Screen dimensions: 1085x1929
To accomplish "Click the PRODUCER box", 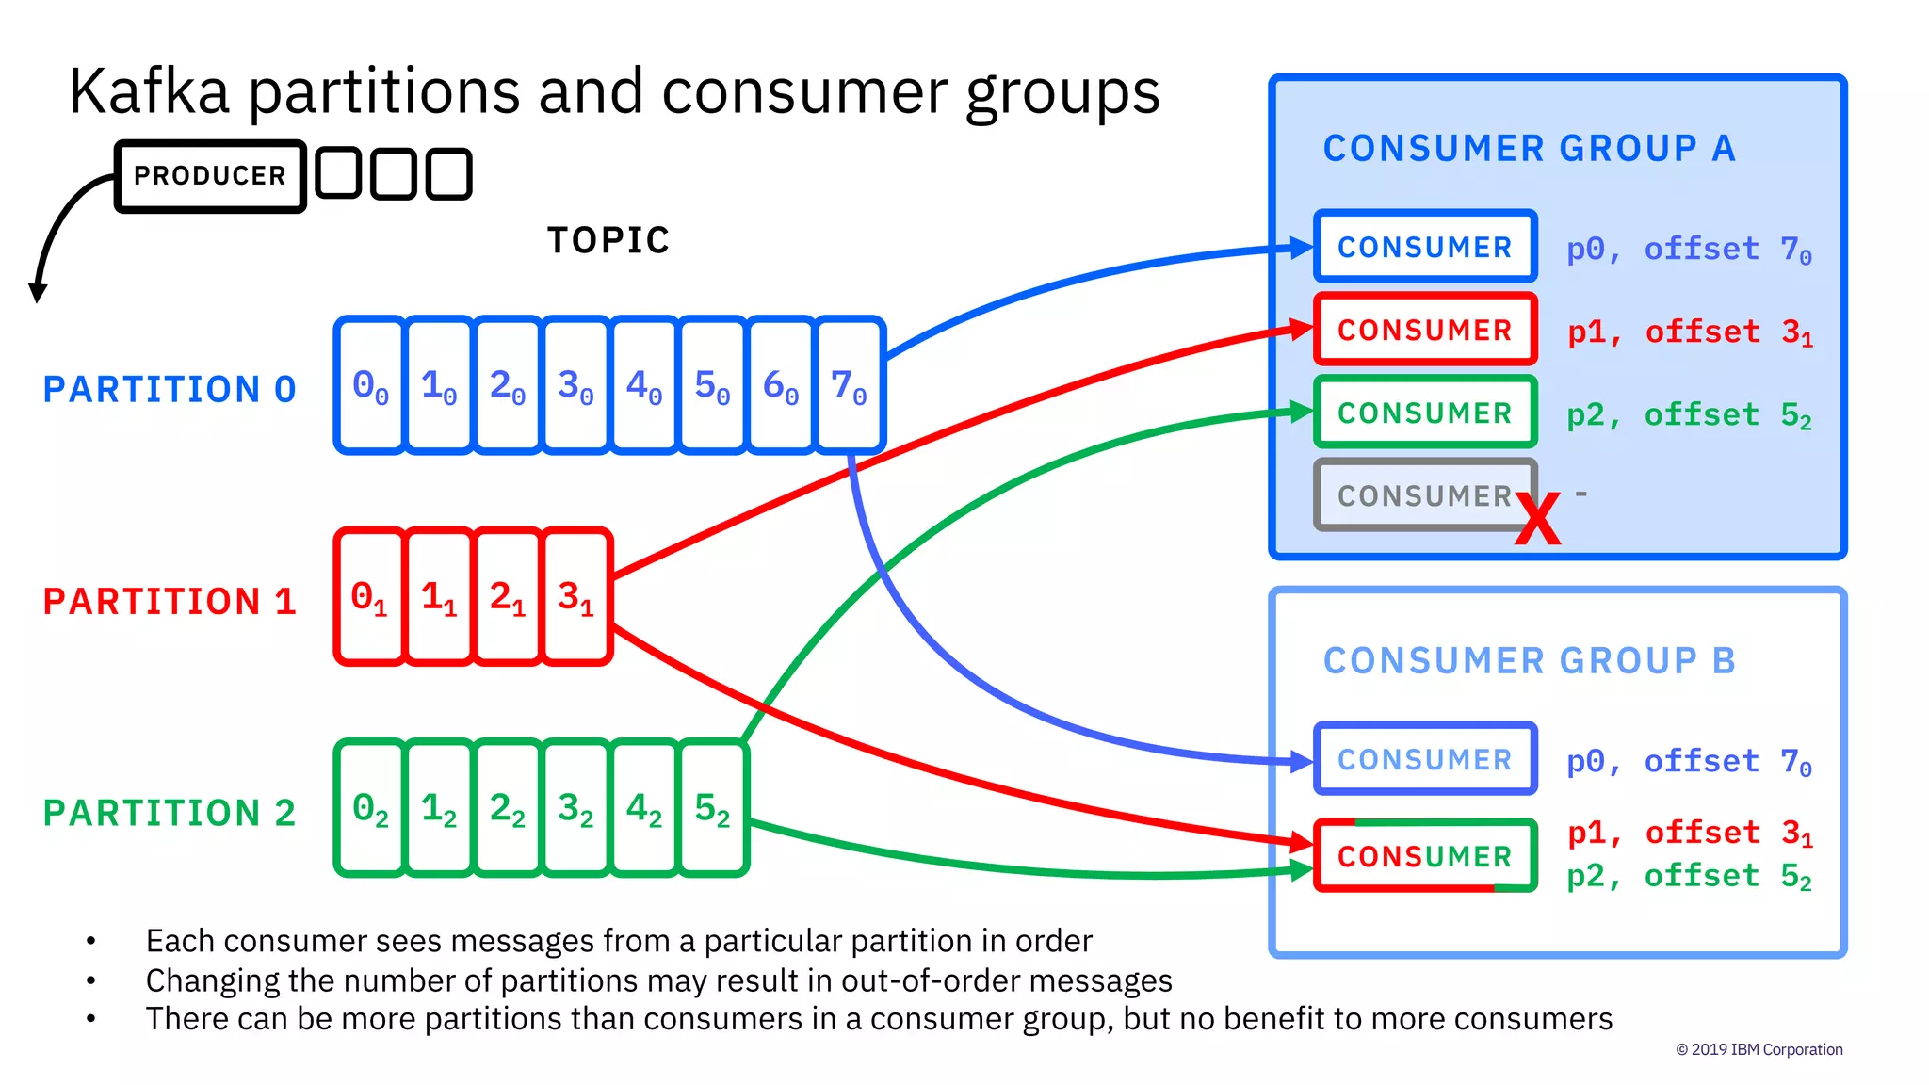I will pyautogui.click(x=209, y=176).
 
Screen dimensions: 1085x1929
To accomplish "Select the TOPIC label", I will pyautogui.click(x=608, y=240).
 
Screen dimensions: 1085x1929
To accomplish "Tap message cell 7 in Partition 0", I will pyautogui.click(x=849, y=385).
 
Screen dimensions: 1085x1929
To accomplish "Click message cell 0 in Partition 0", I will pyautogui.click(x=370, y=385).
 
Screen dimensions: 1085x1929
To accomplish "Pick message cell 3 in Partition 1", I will pyautogui.click(x=575, y=597).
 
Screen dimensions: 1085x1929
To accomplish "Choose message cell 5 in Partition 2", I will pyautogui.click(x=712, y=808).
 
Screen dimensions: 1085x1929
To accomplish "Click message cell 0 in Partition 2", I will pyautogui.click(x=370, y=808).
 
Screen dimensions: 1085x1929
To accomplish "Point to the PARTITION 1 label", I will pyautogui.click(x=170, y=601).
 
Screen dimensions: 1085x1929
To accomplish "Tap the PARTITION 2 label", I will pyautogui.click(x=170, y=813).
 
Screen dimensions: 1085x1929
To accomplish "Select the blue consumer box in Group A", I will pyautogui.click(x=1424, y=247).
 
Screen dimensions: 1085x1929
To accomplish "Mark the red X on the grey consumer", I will pyautogui.click(x=1537, y=519).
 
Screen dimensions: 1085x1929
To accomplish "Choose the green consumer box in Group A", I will pyautogui.click(x=1424, y=413).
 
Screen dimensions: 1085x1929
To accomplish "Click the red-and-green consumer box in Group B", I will pyautogui.click(x=1424, y=856).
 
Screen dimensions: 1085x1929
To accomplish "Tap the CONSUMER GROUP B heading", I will pyautogui.click(x=1529, y=661).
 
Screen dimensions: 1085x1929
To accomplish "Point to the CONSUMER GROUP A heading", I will pyautogui.click(x=1529, y=149).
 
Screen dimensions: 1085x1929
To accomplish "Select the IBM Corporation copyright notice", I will pyautogui.click(x=1759, y=1049).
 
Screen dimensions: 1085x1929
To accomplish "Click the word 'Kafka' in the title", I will pyautogui.click(x=149, y=92).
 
